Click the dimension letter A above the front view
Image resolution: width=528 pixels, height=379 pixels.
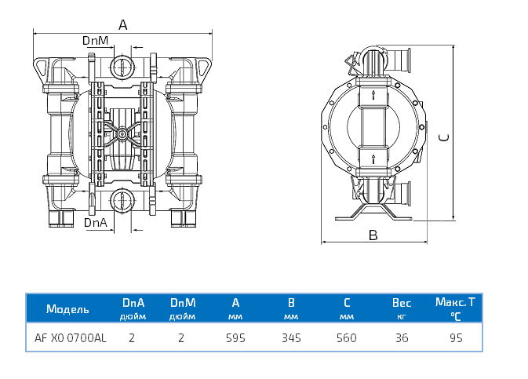(122, 24)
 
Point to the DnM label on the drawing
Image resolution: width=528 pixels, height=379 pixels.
(95, 40)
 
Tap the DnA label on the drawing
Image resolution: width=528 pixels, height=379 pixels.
(95, 222)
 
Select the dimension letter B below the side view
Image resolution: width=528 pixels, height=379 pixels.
(373, 235)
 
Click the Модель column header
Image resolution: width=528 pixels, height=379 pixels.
(67, 308)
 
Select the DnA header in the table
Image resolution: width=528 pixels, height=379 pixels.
(132, 302)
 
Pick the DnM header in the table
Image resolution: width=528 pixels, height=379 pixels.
(182, 302)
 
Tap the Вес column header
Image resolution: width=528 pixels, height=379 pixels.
(402, 302)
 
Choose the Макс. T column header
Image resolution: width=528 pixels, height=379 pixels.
(456, 301)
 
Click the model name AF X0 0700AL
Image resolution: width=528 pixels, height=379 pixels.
(71, 338)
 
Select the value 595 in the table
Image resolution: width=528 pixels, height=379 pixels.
(236, 338)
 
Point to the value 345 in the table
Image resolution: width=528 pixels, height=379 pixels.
(291, 338)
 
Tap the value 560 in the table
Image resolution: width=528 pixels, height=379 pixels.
(346, 338)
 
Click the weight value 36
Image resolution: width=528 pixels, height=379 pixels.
(401, 338)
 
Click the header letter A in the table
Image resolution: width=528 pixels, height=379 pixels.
(236, 302)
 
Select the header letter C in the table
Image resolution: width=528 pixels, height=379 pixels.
(346, 302)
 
